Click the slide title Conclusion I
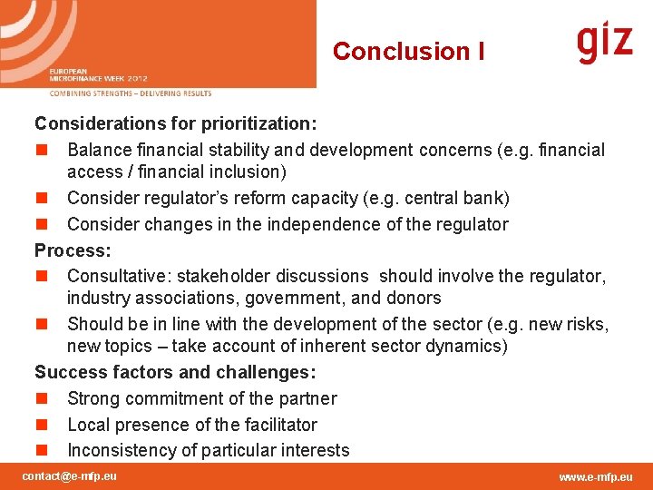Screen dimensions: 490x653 coord(408,52)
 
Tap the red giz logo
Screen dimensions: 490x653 coord(605,43)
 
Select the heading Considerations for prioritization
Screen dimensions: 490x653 coord(175,122)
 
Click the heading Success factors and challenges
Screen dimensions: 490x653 coord(175,372)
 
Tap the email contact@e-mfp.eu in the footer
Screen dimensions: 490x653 coord(69,476)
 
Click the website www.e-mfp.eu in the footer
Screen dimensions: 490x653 coord(595,477)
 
